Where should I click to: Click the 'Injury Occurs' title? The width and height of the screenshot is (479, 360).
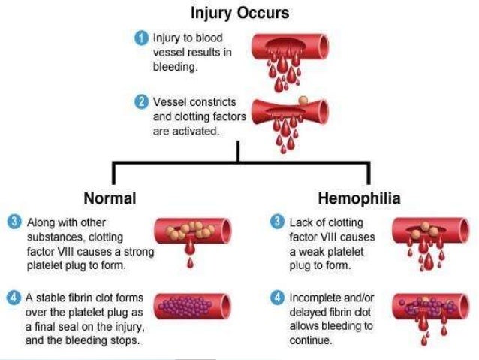[x=239, y=14]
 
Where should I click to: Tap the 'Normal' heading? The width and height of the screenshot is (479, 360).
[x=110, y=199]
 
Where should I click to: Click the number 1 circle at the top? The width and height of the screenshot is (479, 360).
[x=140, y=36]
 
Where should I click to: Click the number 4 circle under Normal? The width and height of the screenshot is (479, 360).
[x=14, y=298]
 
